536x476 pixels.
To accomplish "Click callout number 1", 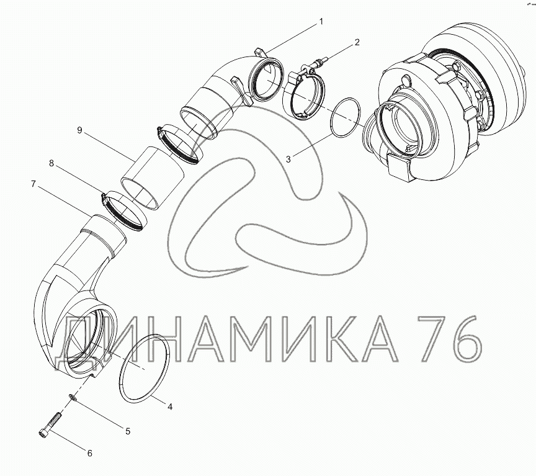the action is coord(321,22).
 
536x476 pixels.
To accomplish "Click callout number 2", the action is coord(357,42).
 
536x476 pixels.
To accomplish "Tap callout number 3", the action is coord(288,159).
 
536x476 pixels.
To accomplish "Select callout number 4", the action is coord(169,406).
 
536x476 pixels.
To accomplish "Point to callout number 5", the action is coord(128,431).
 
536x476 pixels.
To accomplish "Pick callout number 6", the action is coord(89,454).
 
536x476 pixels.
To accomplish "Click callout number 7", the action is coord(33,184).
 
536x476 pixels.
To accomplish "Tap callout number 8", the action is coord(51,163).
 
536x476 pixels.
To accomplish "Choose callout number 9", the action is coord(79,130).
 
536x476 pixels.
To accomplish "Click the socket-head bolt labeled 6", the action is coord(50,424).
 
